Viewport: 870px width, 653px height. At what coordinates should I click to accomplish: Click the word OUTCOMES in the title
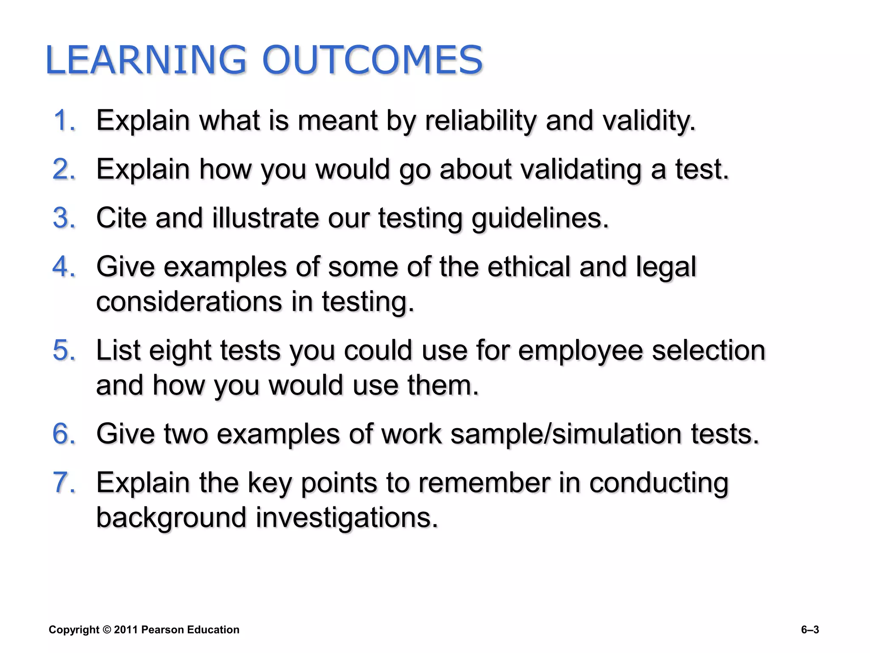(372, 60)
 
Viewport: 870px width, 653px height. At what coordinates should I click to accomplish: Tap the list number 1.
(64, 120)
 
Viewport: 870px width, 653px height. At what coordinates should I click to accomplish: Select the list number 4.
(64, 267)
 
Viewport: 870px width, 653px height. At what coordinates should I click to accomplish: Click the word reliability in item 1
(480, 121)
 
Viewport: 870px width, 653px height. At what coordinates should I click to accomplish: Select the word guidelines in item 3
(540, 218)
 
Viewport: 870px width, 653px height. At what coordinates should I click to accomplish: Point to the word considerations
(189, 301)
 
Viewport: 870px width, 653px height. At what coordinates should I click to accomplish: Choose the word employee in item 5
(580, 350)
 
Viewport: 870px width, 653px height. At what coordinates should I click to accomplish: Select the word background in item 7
(171, 518)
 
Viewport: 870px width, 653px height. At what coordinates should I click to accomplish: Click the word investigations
(347, 518)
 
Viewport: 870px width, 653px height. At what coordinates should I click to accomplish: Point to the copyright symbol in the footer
(107, 630)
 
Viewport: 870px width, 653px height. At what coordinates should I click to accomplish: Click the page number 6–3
(810, 630)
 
